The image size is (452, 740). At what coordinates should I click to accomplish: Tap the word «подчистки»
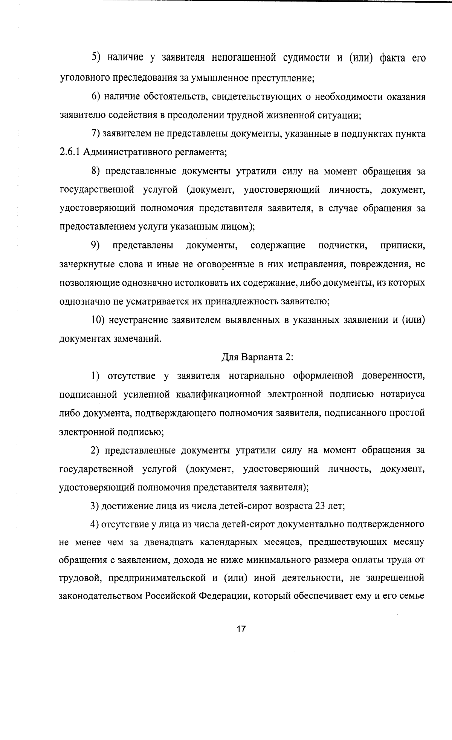343,246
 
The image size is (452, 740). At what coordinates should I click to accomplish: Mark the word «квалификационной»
218,394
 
